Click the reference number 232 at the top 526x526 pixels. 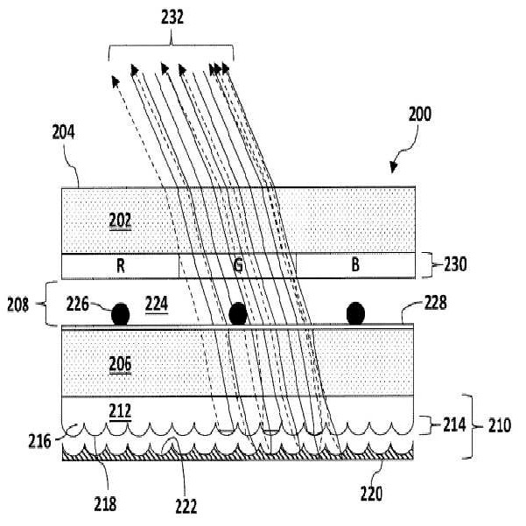tap(172, 18)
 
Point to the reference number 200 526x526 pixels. tap(419, 114)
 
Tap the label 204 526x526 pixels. tap(63, 132)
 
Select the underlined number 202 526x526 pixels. tap(120, 221)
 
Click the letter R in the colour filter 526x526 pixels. tap(121, 266)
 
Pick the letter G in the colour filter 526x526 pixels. tap(237, 266)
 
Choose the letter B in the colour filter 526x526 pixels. tap(355, 264)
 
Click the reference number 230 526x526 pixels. tap(455, 264)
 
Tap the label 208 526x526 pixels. tap(18, 305)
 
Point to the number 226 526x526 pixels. tap(78, 305)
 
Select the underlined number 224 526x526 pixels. tap(157, 305)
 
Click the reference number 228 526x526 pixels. tap(436, 302)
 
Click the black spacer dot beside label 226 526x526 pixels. tap(121, 313)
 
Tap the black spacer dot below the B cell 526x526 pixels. tap(355, 313)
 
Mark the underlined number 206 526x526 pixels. tap(120, 365)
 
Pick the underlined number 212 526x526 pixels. tap(120, 411)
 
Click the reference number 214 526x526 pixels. tap(454, 425)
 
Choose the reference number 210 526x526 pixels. tap(500, 425)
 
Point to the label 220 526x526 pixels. tap(371, 494)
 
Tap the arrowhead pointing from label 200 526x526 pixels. tap(393, 167)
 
